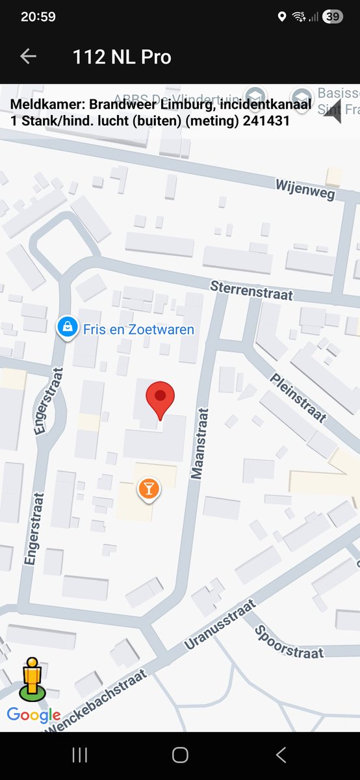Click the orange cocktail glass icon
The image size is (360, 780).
[148, 489]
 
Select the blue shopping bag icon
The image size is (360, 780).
[66, 328]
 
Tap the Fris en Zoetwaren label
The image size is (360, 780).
[138, 330]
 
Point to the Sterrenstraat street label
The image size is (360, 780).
[251, 291]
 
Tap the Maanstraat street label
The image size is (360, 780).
[199, 443]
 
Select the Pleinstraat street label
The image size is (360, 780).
[296, 398]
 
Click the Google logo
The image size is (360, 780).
[34, 716]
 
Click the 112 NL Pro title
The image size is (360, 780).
[122, 57]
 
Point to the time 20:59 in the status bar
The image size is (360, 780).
[38, 17]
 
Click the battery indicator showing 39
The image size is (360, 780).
[332, 17]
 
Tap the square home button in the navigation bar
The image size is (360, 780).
[180, 755]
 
